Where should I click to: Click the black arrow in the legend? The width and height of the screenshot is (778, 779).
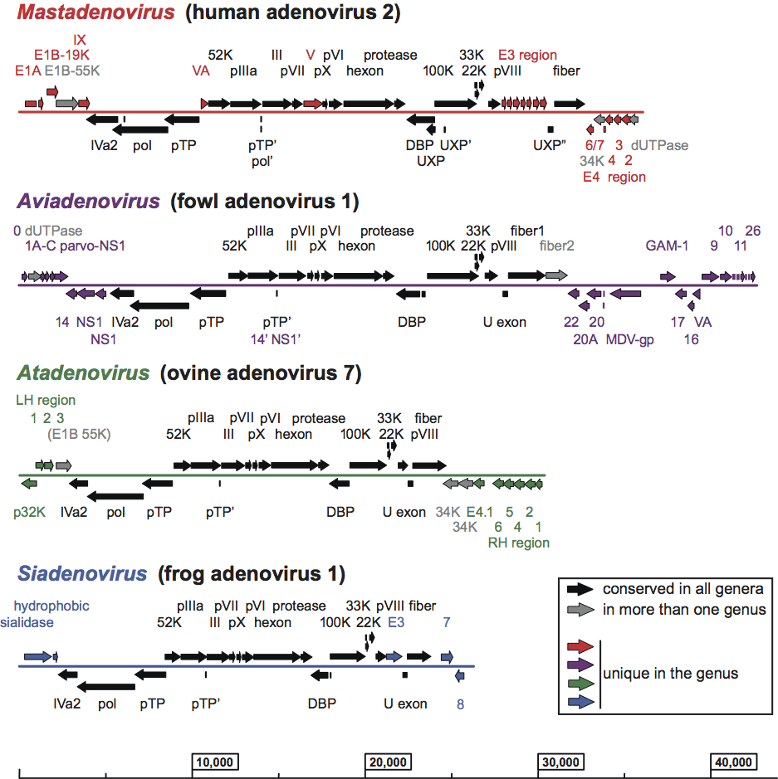tap(579, 589)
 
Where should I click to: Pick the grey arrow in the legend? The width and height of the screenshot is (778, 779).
tap(579, 610)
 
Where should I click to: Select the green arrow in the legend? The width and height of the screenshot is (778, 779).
tap(579, 683)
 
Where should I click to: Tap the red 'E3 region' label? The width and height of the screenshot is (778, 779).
tap(527, 55)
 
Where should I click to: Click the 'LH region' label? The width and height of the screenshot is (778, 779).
tap(46, 400)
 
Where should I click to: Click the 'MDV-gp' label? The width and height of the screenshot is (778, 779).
tap(629, 338)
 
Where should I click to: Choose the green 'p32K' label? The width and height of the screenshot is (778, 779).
tap(30, 513)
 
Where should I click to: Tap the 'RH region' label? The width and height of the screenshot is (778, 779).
tap(519, 543)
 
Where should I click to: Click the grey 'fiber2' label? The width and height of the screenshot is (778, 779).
tap(556, 246)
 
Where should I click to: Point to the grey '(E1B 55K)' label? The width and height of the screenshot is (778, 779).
tap(80, 433)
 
